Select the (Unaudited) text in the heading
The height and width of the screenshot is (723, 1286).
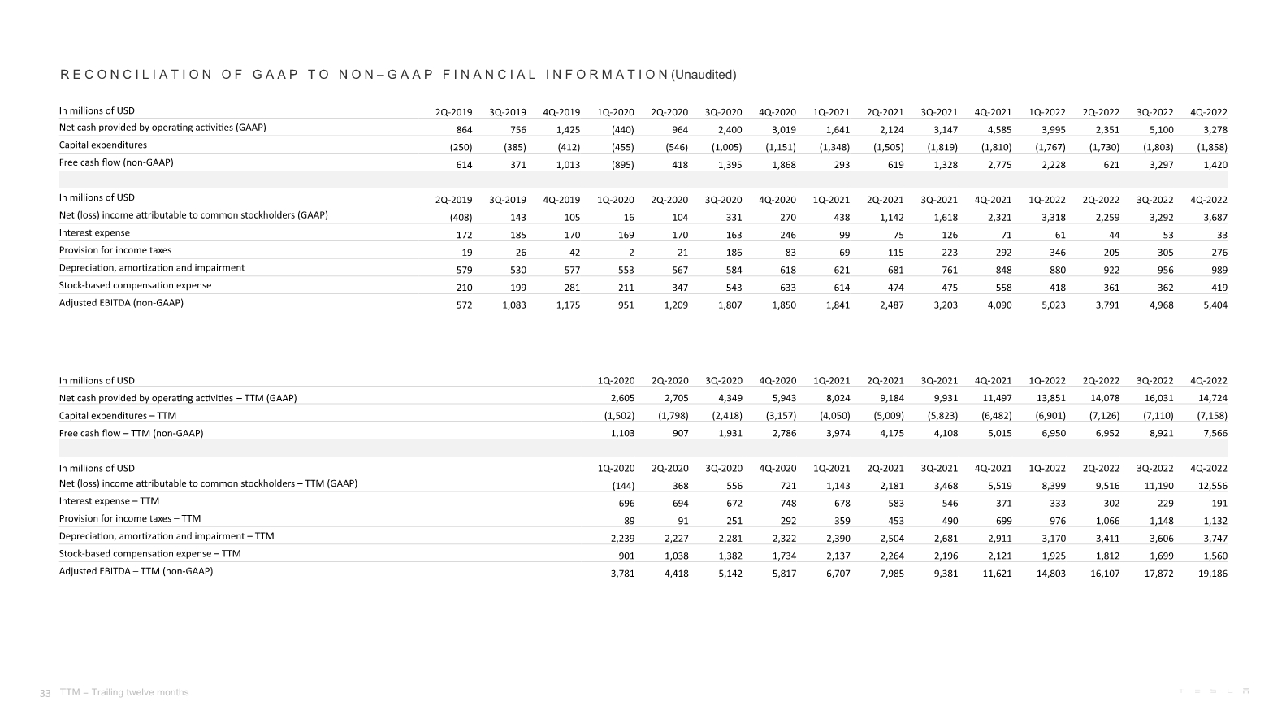704,75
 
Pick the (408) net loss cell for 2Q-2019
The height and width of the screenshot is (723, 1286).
461,218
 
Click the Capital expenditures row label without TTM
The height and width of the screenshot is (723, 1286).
103,145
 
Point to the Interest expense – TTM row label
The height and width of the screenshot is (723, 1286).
109,501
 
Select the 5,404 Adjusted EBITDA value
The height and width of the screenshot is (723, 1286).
1215,305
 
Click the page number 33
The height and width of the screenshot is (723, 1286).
45,693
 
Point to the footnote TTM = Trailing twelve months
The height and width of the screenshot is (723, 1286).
124,693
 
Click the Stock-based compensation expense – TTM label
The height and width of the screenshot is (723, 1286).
149,554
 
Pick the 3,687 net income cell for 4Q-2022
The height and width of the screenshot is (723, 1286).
1215,218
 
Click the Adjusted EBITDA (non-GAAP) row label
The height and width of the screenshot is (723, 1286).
121,303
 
